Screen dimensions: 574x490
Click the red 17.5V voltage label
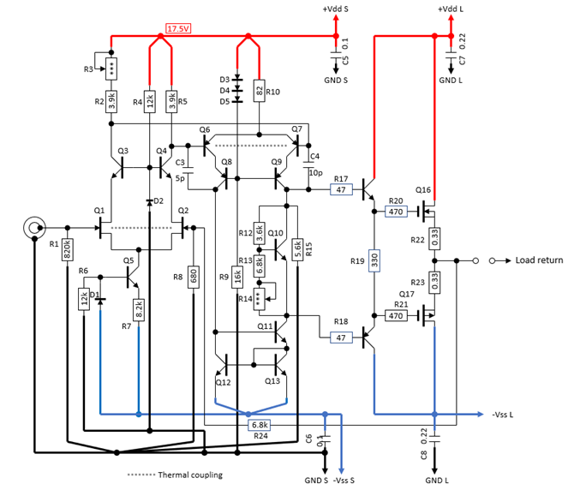pos(178,28)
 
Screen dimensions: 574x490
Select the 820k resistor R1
pos(68,249)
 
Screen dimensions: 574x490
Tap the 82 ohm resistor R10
pos(260,91)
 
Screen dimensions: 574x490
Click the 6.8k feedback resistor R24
pos(260,425)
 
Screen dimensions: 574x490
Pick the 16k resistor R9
pos(237,277)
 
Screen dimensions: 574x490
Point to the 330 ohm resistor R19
pos(374,260)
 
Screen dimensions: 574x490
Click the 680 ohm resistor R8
pos(194,277)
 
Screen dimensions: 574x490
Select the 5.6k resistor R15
pos(297,249)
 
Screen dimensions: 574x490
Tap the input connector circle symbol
pos(34,228)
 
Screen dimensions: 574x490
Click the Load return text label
pos(539,260)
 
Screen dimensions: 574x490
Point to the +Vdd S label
pos(335,9)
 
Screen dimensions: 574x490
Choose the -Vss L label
pos(503,415)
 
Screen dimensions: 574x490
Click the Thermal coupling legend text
pos(190,475)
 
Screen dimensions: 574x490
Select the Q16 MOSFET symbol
pos(427,211)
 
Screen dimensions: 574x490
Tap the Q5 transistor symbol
pos(132,277)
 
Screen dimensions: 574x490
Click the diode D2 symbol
pos(149,201)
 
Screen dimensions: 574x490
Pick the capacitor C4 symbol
pos(308,164)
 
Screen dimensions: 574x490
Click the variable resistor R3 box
pos(111,69)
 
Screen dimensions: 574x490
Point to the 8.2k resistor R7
pos(139,310)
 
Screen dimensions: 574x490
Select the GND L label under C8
pos(437,481)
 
